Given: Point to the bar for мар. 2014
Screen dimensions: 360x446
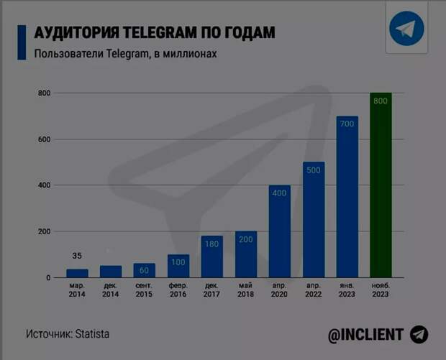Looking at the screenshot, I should pos(77,273).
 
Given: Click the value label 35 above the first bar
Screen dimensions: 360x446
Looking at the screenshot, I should pos(77,256).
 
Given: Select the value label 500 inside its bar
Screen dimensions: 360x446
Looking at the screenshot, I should pos(313,170).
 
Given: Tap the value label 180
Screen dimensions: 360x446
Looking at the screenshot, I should pos(211,244).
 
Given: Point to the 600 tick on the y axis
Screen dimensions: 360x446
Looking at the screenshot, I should pos(44,139).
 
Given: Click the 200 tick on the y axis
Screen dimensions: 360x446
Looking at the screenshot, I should pos(44,231).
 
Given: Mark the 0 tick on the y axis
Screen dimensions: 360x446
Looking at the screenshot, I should pos(48,277).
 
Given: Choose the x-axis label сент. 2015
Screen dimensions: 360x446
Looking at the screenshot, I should pos(144,290).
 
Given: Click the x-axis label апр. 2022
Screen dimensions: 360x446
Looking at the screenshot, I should pos(313,290).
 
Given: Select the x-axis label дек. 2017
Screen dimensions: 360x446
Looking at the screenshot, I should pos(211,290).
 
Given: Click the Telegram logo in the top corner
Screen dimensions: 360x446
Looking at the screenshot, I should pos(407,29).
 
